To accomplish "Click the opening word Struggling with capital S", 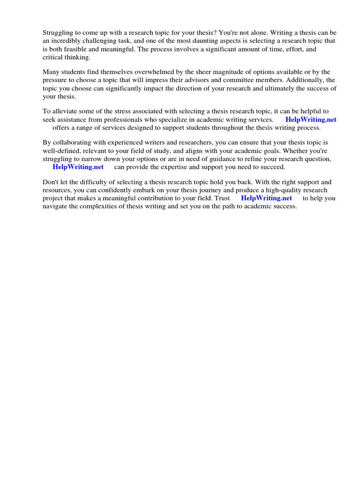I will [x=59, y=33].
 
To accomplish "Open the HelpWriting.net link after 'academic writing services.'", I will [x=311, y=120].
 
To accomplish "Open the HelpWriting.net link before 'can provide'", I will [x=78, y=167].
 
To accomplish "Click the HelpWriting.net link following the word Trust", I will [x=266, y=198].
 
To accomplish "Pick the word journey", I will [x=237, y=190].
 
